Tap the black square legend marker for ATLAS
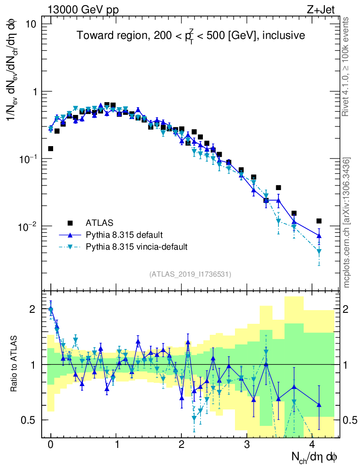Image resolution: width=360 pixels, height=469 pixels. [x=70, y=223]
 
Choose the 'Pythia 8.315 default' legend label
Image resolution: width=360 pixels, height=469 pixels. [x=124, y=235]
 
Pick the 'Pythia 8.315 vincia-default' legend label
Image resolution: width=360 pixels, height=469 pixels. [x=136, y=247]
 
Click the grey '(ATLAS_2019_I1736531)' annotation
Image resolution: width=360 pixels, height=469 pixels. [x=190, y=274]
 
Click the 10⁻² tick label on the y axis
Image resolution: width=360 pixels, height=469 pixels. [x=28, y=226]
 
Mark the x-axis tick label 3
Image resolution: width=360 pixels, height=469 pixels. [x=248, y=445]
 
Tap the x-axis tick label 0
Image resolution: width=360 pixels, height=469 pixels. [x=51, y=445]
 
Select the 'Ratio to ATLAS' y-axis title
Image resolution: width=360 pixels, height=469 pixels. [x=15, y=364]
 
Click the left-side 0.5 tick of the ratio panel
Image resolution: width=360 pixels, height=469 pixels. [x=30, y=420]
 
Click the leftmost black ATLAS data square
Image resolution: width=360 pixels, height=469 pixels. [x=51, y=148]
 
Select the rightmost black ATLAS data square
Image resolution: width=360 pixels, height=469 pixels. [x=319, y=221]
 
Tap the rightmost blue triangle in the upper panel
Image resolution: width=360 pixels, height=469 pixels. [x=319, y=236]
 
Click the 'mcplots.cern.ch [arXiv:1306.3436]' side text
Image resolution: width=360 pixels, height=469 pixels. [x=347, y=223]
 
